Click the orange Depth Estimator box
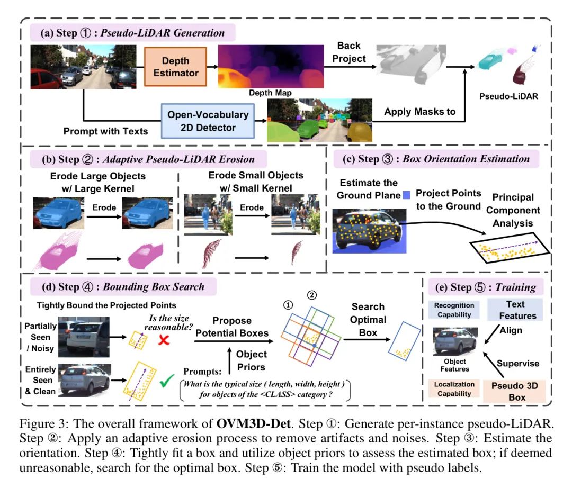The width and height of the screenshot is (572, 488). [175, 67]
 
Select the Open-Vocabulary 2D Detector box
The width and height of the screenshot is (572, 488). [208, 121]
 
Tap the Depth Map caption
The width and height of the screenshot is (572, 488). [270, 93]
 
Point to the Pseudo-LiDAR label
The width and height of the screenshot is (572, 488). [508, 96]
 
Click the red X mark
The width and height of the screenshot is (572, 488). [164, 340]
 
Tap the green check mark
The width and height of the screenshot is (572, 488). [167, 381]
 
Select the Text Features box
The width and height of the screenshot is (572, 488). [515, 310]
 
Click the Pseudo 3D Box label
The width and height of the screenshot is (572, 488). [514, 392]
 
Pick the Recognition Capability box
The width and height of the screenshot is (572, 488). [454, 310]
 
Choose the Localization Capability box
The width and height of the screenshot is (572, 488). [454, 389]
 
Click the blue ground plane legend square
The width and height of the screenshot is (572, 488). [406, 195]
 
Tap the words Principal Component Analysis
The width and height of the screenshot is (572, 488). [513, 210]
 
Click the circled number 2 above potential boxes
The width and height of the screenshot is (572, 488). [312, 295]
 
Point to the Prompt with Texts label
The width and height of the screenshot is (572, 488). [106, 131]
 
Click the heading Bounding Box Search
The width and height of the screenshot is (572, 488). [154, 287]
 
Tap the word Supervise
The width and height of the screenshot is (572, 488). [518, 364]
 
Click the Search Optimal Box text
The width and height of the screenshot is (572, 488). [368, 320]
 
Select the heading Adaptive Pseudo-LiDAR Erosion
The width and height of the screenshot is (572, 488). [179, 159]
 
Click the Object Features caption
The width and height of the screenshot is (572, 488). [454, 365]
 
